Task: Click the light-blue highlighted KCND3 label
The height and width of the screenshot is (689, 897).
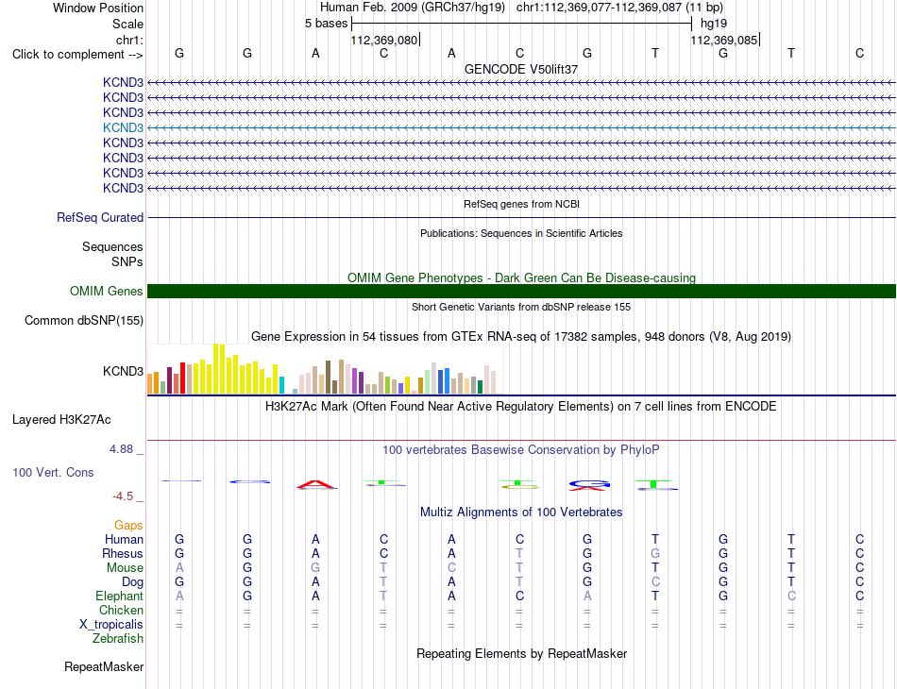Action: [x=123, y=127]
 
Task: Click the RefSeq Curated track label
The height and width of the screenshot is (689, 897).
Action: [x=100, y=217]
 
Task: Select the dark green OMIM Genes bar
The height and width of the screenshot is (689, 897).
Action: [x=521, y=291]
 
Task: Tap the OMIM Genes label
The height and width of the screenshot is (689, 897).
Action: [x=107, y=291]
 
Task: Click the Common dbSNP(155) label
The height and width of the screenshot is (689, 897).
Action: [x=84, y=320]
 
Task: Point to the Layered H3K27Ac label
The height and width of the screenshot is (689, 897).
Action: [x=61, y=420]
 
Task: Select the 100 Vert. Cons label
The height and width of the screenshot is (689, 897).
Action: [x=53, y=472]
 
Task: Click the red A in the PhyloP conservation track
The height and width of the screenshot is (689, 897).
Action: [x=316, y=485]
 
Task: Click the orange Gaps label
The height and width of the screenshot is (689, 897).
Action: [x=128, y=525]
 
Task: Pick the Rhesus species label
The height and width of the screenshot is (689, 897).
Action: [x=123, y=553]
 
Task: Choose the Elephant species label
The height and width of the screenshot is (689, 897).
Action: [x=119, y=596]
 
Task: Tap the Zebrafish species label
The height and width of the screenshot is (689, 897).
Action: [x=118, y=638]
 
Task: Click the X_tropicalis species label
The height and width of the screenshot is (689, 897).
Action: [x=111, y=625]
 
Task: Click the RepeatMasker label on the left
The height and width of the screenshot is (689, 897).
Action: [x=104, y=666]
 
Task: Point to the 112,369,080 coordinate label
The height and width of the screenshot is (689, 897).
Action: [x=384, y=40]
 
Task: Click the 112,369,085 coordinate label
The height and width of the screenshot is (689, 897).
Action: [x=723, y=40]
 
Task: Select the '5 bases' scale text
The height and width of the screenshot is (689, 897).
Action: [x=326, y=24]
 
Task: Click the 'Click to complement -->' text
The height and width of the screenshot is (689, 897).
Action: [x=77, y=55]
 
